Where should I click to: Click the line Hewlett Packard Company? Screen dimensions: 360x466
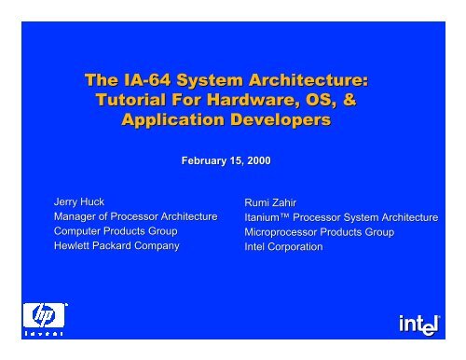pyautogui.click(x=116, y=245)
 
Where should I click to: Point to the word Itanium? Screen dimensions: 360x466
pyautogui.click(x=263, y=217)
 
